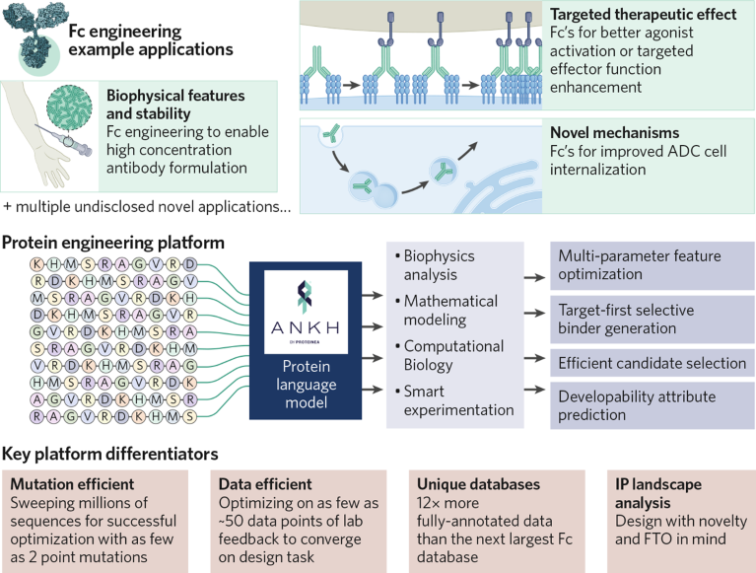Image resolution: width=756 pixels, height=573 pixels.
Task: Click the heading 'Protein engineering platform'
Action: pyautogui.click(x=112, y=243)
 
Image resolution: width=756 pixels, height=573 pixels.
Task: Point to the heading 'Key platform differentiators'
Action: pyautogui.click(x=111, y=455)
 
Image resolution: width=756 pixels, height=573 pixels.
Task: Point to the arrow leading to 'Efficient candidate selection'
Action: pyautogui.click(x=533, y=362)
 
